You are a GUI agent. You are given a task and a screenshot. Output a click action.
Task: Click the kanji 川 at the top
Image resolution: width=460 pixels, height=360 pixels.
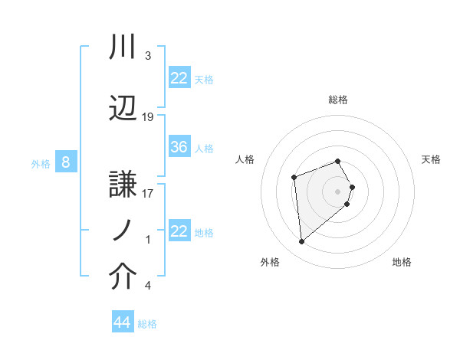click(123, 47)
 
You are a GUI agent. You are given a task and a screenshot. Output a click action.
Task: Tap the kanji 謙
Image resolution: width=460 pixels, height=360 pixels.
click(123, 182)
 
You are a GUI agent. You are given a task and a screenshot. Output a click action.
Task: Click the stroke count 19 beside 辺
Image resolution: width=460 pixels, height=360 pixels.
click(148, 117)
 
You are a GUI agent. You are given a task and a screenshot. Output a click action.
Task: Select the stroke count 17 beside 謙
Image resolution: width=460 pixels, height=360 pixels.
click(148, 193)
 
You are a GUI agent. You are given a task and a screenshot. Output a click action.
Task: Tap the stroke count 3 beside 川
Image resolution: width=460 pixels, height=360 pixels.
click(148, 56)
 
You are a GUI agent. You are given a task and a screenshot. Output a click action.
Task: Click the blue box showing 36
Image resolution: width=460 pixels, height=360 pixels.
click(179, 147)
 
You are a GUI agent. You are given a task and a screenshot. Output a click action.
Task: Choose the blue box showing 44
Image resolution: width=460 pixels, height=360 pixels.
click(122, 322)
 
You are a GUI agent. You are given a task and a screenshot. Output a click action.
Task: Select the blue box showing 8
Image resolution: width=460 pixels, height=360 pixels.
click(66, 162)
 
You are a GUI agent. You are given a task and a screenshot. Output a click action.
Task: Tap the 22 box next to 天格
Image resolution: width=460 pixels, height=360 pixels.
click(179, 77)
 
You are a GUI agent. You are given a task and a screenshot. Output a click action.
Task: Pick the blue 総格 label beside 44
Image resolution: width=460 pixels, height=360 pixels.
click(147, 324)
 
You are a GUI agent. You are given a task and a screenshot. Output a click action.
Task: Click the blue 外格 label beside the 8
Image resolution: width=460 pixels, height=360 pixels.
click(40, 163)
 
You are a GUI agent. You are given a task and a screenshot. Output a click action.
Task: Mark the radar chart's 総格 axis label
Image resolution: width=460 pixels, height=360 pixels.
click(338, 100)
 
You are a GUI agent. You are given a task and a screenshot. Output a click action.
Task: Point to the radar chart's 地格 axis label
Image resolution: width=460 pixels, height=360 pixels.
click(402, 262)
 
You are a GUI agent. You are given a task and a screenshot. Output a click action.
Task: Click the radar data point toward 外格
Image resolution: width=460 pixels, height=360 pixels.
click(302, 242)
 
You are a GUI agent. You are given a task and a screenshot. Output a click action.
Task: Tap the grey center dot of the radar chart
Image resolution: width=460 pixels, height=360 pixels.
click(338, 190)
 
